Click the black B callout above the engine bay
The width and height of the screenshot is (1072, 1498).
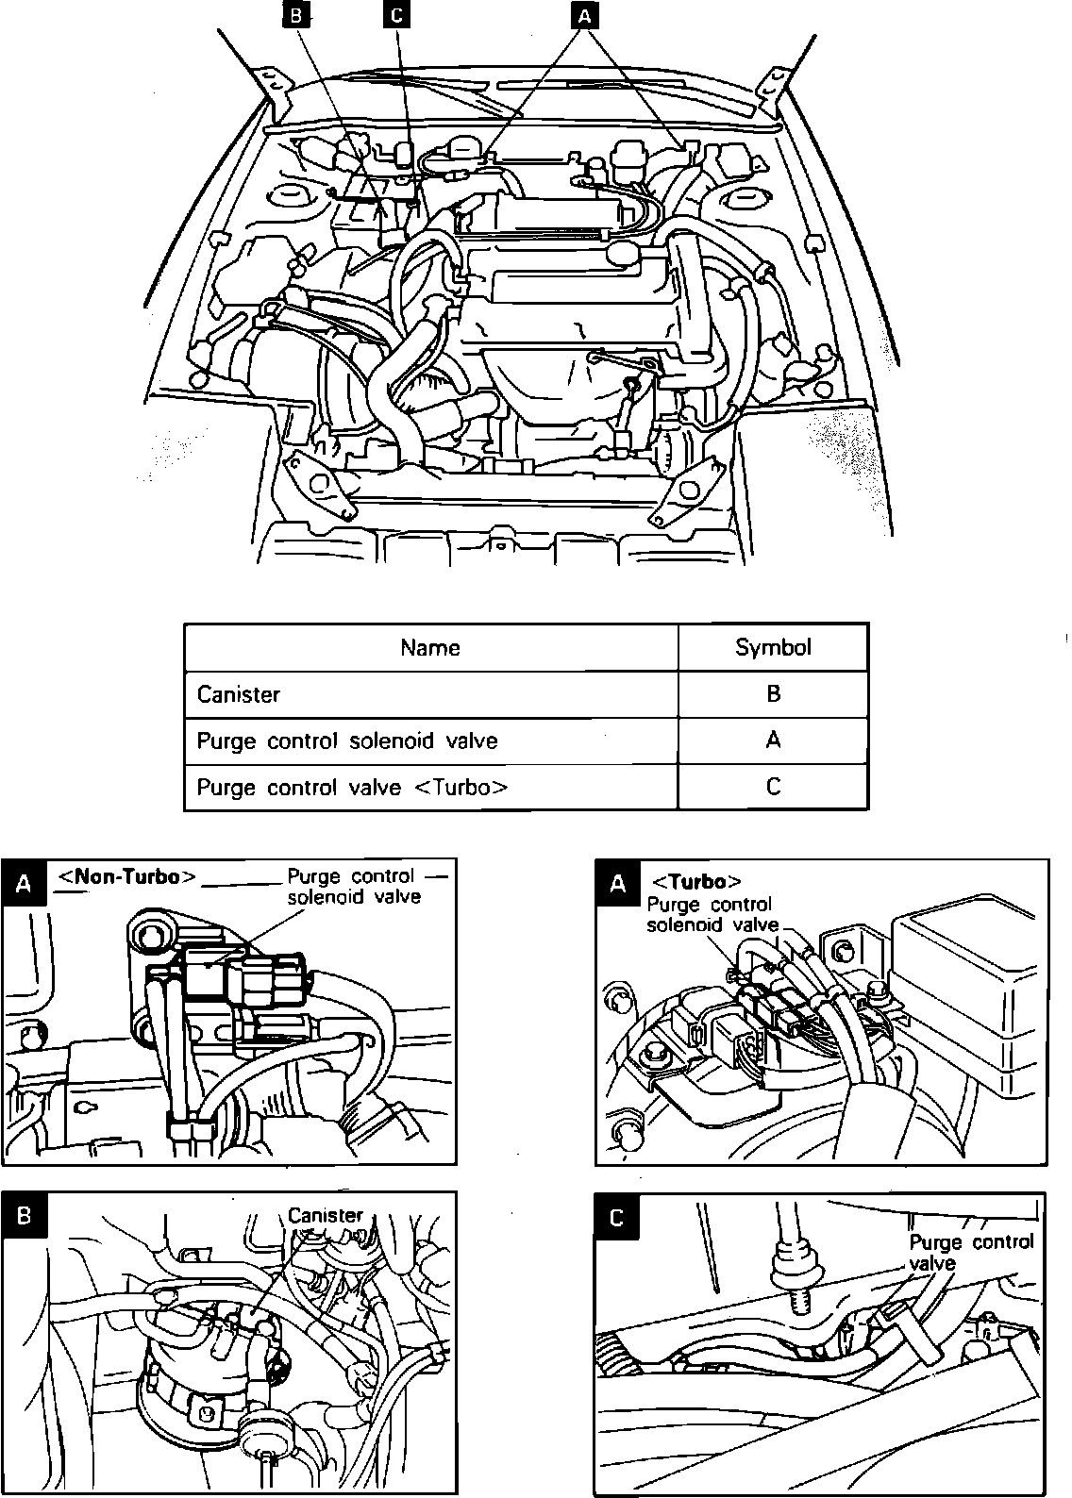(x=296, y=16)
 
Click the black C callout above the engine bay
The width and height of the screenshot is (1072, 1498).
(x=397, y=16)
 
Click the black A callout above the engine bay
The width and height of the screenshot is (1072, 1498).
(x=585, y=16)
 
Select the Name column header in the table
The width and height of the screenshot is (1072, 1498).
(x=430, y=647)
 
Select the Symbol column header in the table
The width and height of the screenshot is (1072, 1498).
(x=773, y=647)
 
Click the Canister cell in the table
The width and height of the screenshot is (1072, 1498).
(x=239, y=694)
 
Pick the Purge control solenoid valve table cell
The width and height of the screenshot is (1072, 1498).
(x=346, y=741)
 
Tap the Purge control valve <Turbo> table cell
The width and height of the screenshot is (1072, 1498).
(x=352, y=787)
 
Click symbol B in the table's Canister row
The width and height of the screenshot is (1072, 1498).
(x=773, y=694)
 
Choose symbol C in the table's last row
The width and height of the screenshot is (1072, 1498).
(x=773, y=787)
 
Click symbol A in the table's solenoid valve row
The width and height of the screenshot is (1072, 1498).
(x=773, y=741)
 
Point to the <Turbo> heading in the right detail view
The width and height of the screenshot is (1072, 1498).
(x=696, y=882)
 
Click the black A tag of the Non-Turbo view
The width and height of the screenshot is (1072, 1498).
(x=25, y=883)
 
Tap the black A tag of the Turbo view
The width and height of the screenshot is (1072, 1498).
(x=618, y=883)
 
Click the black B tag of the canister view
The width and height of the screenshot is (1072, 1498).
(x=25, y=1215)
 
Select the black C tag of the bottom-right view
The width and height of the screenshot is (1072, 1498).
(x=617, y=1218)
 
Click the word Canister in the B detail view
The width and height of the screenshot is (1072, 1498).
(x=325, y=1215)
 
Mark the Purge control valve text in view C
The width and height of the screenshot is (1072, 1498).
(x=970, y=1252)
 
